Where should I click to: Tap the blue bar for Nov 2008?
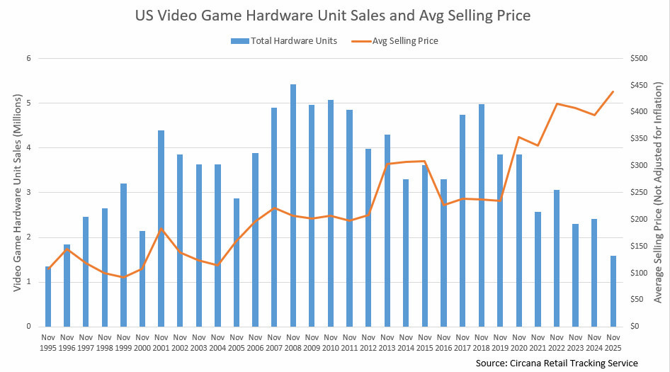click(x=293, y=205)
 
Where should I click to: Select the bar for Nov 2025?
click(x=613, y=291)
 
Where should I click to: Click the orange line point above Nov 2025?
click(x=613, y=91)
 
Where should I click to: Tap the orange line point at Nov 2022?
click(x=557, y=104)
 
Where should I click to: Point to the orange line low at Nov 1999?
click(x=123, y=277)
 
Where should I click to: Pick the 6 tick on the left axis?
click(x=29, y=59)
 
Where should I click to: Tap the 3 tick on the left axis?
click(x=29, y=193)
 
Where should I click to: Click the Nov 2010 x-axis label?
click(x=331, y=342)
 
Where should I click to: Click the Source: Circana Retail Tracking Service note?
click(x=557, y=363)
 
